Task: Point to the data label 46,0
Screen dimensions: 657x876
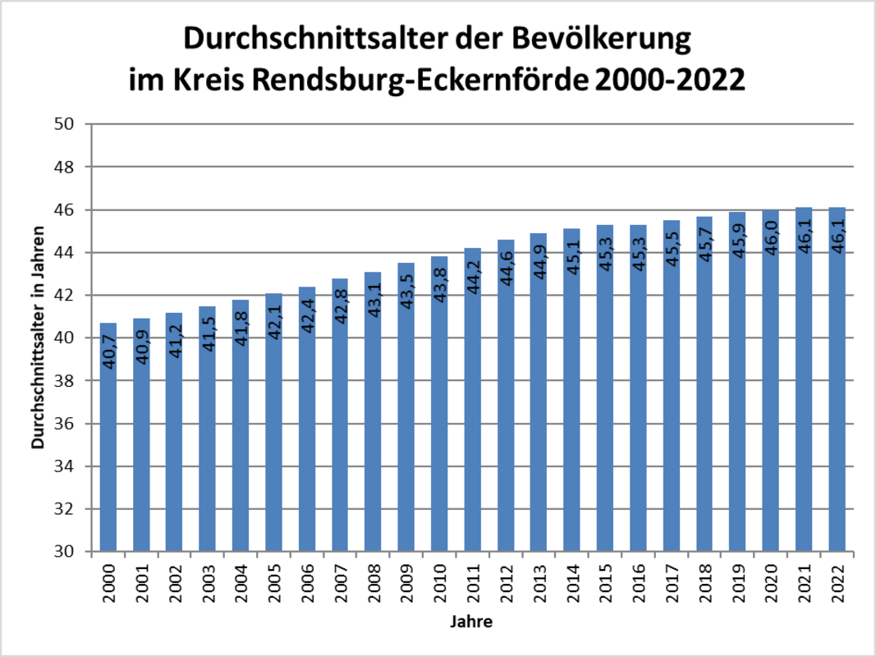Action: (770, 236)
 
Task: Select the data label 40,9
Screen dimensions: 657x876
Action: (141, 345)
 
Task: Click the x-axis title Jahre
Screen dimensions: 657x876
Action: (471, 623)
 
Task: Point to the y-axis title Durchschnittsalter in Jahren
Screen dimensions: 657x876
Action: (39, 338)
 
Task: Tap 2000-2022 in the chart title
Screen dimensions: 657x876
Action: (671, 80)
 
